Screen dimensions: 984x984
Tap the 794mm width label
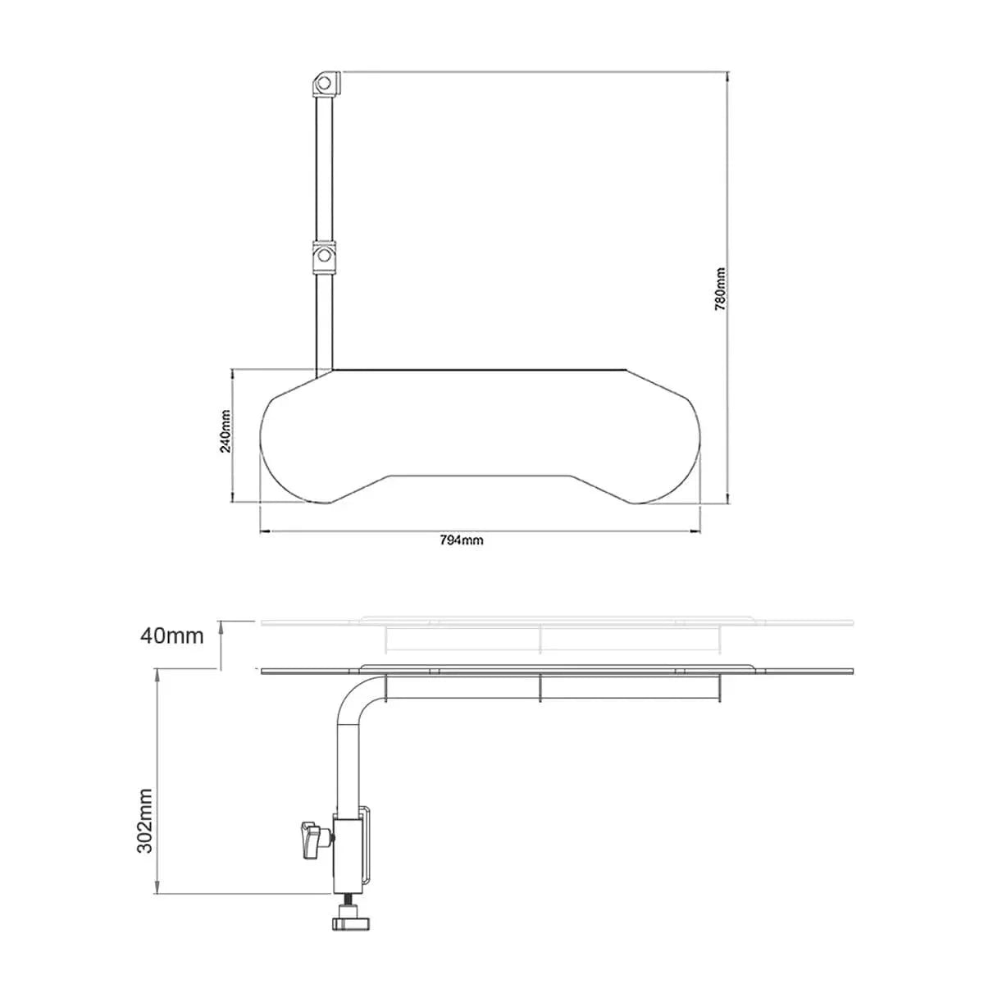click(462, 540)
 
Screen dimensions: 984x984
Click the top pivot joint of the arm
click(325, 83)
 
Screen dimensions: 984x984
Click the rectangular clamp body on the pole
click(350, 853)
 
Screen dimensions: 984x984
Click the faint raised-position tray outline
click(558, 624)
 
